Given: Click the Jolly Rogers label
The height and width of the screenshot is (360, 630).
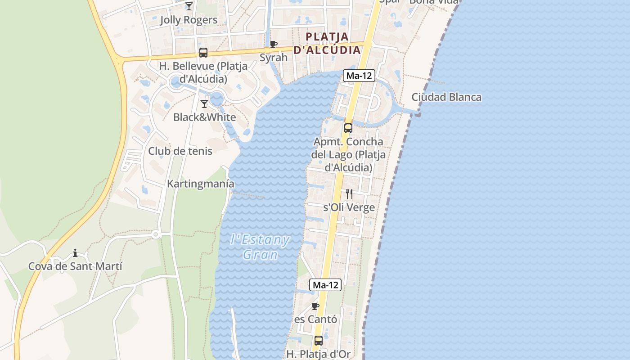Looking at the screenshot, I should coord(189,20).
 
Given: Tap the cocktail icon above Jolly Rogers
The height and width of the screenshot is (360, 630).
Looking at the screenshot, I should coord(189,6).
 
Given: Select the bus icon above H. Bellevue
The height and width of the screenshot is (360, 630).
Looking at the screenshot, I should coord(203,53).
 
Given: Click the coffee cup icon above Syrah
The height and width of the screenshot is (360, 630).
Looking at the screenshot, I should coord(273,44).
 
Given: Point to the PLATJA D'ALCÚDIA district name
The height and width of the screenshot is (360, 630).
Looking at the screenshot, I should coord(327,43).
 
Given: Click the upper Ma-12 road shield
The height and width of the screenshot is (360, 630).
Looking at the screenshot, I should coord(359,76).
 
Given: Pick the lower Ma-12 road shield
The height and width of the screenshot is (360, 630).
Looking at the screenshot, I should coord(325,285).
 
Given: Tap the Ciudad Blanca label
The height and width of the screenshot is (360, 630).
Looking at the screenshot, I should coord(446,97).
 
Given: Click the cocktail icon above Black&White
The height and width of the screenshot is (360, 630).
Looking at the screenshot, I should coord(204,104).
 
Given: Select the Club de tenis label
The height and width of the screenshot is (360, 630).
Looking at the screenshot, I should coord(180,151).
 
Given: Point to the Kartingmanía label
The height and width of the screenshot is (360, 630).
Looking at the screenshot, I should coord(201,184).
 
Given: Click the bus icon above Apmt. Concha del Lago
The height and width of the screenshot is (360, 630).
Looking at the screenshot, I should coord(348,128).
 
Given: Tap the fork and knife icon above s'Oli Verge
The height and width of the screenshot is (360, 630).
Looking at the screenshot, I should coord(349,194).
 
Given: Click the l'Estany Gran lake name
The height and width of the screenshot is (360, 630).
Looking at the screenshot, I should coord(260,247).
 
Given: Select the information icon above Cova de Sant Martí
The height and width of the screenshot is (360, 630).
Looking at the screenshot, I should coord(75,253).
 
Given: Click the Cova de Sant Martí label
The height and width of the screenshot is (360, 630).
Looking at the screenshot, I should coord(75,266).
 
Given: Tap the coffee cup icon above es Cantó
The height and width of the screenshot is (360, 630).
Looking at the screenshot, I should coord(315,306).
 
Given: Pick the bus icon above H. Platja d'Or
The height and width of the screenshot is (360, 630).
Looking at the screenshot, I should coord(319,341).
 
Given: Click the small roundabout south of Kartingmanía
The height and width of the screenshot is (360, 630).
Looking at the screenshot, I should coord(156,234).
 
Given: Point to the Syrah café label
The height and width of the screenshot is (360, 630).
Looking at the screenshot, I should coord(274,58).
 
